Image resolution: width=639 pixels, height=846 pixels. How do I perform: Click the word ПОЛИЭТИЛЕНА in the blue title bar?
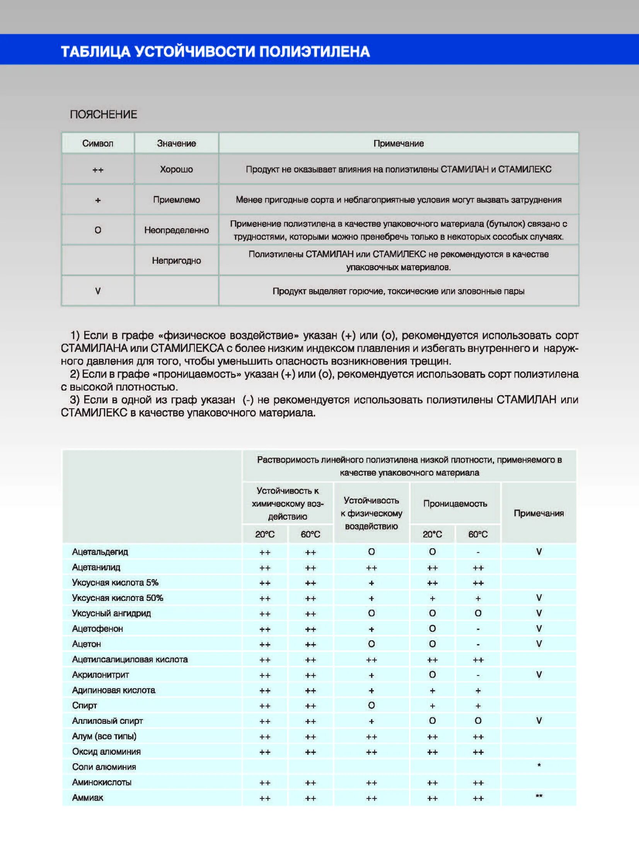(314, 51)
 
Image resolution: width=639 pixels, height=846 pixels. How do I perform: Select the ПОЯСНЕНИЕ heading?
(103, 114)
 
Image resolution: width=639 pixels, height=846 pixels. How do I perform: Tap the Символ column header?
(98, 143)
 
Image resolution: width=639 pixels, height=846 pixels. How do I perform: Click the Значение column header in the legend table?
(176, 143)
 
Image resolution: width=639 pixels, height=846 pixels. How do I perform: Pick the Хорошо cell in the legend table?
(176, 169)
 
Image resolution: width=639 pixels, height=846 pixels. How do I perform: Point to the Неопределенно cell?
(176, 230)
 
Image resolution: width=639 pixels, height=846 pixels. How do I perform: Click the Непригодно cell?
(176, 261)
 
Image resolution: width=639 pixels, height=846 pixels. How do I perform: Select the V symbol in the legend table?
(98, 291)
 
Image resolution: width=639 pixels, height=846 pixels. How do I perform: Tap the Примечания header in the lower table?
(538, 513)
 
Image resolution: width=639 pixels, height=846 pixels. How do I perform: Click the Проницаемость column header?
(455, 503)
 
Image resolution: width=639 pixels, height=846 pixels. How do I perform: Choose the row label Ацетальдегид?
(100, 552)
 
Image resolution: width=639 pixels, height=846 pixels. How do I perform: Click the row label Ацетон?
(86, 644)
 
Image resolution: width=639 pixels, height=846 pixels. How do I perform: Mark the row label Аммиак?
(88, 798)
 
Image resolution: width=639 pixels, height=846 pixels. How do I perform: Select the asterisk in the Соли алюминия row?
(539, 766)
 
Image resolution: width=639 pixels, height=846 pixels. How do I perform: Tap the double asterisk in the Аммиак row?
(539, 796)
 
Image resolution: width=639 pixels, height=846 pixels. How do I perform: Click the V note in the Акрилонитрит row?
(539, 674)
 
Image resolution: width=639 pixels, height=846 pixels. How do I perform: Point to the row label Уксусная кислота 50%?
(118, 598)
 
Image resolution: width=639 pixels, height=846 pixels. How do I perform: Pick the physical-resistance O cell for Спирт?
(371, 705)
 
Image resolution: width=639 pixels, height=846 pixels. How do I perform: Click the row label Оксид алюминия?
(106, 751)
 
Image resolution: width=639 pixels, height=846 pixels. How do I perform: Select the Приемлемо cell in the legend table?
(176, 200)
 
